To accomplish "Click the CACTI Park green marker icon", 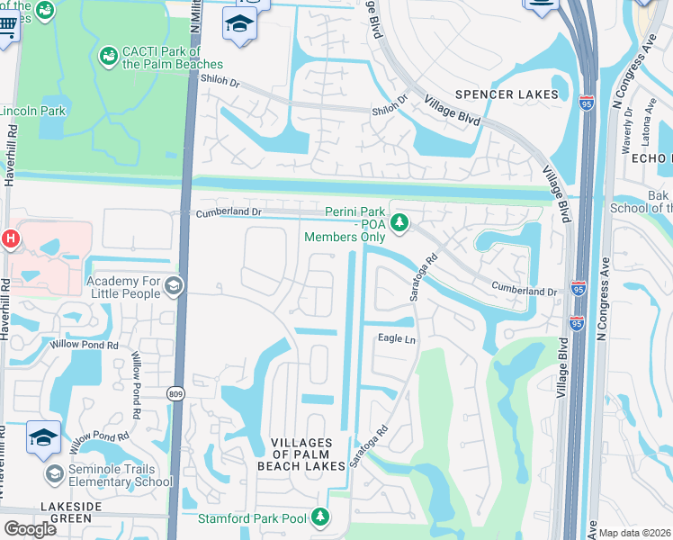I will [x=109, y=56].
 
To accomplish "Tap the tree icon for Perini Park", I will [x=399, y=220].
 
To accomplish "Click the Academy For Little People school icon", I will [x=173, y=286].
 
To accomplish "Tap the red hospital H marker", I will [x=10, y=238].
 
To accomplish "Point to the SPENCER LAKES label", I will [x=507, y=94].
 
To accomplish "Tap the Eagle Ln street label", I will [x=396, y=338].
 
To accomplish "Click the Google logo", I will [x=31, y=529].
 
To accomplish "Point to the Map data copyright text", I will [x=634, y=533].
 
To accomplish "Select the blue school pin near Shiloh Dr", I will [x=239, y=24].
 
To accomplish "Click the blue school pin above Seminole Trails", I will [x=43, y=437].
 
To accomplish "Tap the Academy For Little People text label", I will [x=122, y=287].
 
